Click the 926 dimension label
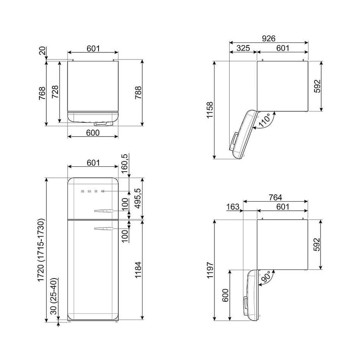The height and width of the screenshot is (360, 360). [x=269, y=39]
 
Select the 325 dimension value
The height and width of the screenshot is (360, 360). [x=243, y=48]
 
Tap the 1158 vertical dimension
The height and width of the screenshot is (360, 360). [x=210, y=110]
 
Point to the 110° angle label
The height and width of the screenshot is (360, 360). [x=264, y=120]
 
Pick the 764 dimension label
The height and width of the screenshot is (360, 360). [x=275, y=197]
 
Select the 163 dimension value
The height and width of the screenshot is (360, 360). [x=233, y=207]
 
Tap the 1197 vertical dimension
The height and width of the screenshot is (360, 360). [x=210, y=270]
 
